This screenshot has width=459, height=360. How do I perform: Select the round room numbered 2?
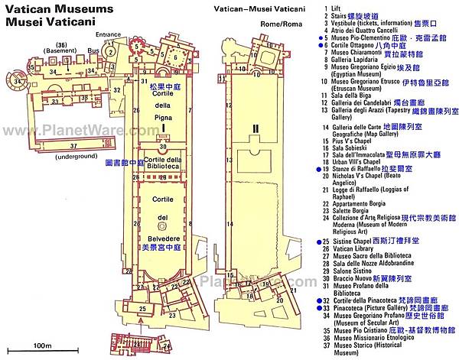point(111,53)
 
